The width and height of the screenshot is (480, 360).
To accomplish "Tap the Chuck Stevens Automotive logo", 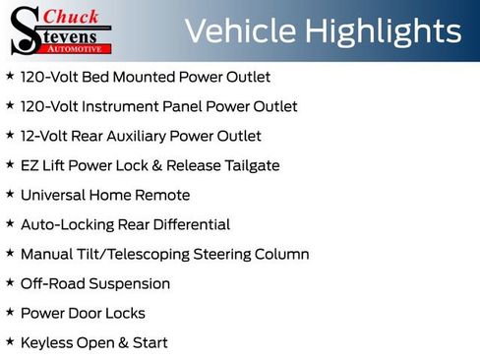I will click(61, 30).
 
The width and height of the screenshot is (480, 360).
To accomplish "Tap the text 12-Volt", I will click(44, 136).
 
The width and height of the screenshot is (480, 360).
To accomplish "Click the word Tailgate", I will click(250, 165).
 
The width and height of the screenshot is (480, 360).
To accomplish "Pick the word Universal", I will click(54, 195).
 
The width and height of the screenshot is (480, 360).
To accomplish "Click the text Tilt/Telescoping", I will click(133, 254).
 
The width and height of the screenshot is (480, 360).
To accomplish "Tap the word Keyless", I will click(46, 342).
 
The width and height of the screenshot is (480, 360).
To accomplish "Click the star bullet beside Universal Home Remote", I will click(10, 194).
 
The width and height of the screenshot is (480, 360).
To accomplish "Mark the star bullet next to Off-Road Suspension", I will click(10, 282).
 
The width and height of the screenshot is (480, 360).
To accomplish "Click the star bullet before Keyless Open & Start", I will click(10, 341).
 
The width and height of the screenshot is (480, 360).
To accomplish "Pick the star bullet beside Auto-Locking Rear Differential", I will click(10, 223).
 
